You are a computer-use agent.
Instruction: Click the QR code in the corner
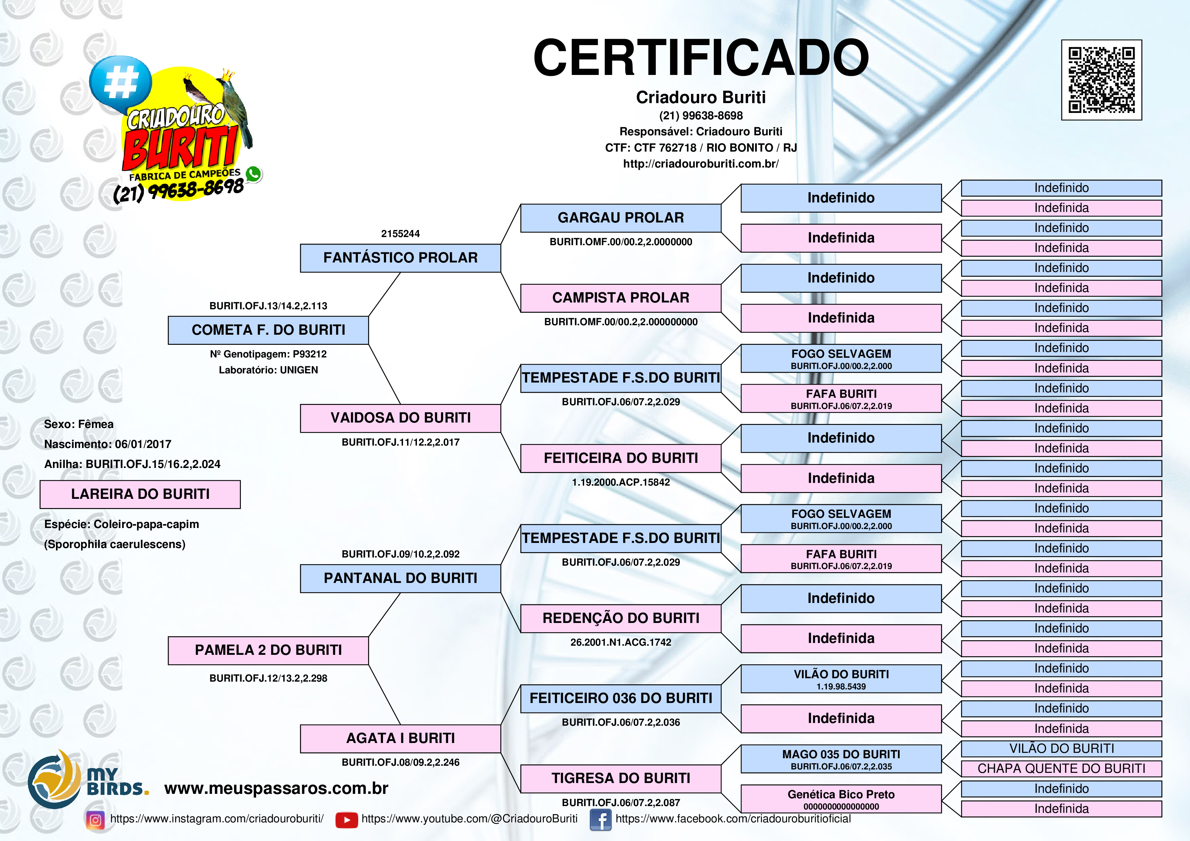pyautogui.click(x=1101, y=80)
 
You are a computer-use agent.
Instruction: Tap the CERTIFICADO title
pyautogui.click(x=701, y=58)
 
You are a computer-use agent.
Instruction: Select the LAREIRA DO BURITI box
pyautogui.click(x=140, y=494)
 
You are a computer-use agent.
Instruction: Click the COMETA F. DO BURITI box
pyautogui.click(x=268, y=330)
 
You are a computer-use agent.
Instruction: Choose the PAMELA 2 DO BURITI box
pyautogui.click(x=268, y=650)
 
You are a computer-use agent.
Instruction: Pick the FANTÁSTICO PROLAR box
pyautogui.click(x=400, y=258)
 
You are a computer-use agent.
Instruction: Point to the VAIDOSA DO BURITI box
pyautogui.click(x=400, y=418)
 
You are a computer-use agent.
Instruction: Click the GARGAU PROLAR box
pyautogui.click(x=620, y=218)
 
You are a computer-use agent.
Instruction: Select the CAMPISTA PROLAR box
pyautogui.click(x=620, y=298)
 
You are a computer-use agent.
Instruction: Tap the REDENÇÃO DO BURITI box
pyautogui.click(x=620, y=618)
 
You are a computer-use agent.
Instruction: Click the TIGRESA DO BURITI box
pyautogui.click(x=620, y=778)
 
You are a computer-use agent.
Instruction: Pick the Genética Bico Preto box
pyautogui.click(x=841, y=799)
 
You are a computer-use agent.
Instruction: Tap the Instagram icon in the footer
pyautogui.click(x=95, y=820)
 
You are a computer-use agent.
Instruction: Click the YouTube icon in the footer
pyautogui.click(x=346, y=820)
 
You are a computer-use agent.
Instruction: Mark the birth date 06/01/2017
pyautogui.click(x=143, y=444)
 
